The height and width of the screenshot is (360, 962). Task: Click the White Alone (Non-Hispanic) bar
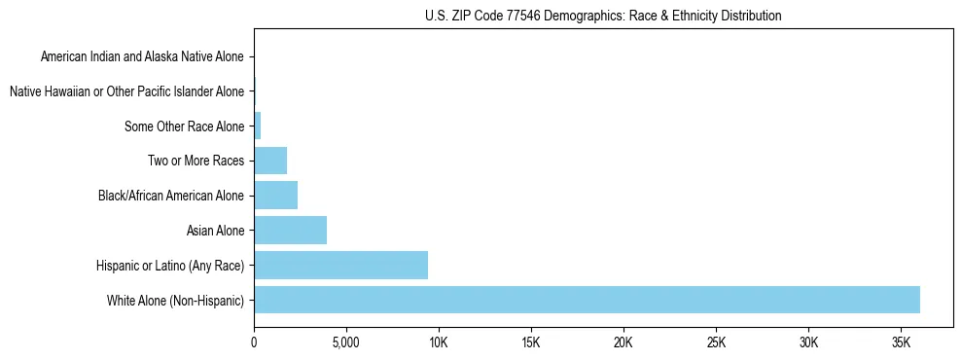tap(587, 300)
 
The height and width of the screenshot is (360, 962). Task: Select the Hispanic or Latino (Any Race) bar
tap(340, 265)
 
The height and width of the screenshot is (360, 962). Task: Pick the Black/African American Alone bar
tap(275, 196)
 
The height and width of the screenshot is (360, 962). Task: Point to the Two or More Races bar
tap(270, 161)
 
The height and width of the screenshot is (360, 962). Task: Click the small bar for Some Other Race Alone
tap(258, 126)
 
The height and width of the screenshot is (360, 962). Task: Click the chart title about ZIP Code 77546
tap(603, 16)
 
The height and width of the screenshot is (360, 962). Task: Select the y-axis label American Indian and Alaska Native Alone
tap(142, 57)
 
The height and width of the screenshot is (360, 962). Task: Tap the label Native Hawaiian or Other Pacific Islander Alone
tap(126, 91)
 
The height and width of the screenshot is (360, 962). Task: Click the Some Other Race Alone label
tap(185, 126)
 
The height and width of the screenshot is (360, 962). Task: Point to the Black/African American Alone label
tap(171, 196)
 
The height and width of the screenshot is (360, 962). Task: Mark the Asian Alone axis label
tap(215, 231)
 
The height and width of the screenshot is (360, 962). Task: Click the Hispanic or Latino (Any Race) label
tap(170, 266)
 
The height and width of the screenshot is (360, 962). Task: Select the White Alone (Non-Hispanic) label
tap(176, 301)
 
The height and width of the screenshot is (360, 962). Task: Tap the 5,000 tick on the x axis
tap(346, 343)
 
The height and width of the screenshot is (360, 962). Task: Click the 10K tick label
tap(439, 343)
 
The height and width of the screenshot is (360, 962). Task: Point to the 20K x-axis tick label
tap(624, 343)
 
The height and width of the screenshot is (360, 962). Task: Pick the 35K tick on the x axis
tap(901, 343)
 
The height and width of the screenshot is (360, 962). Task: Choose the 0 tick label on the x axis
tap(254, 343)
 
